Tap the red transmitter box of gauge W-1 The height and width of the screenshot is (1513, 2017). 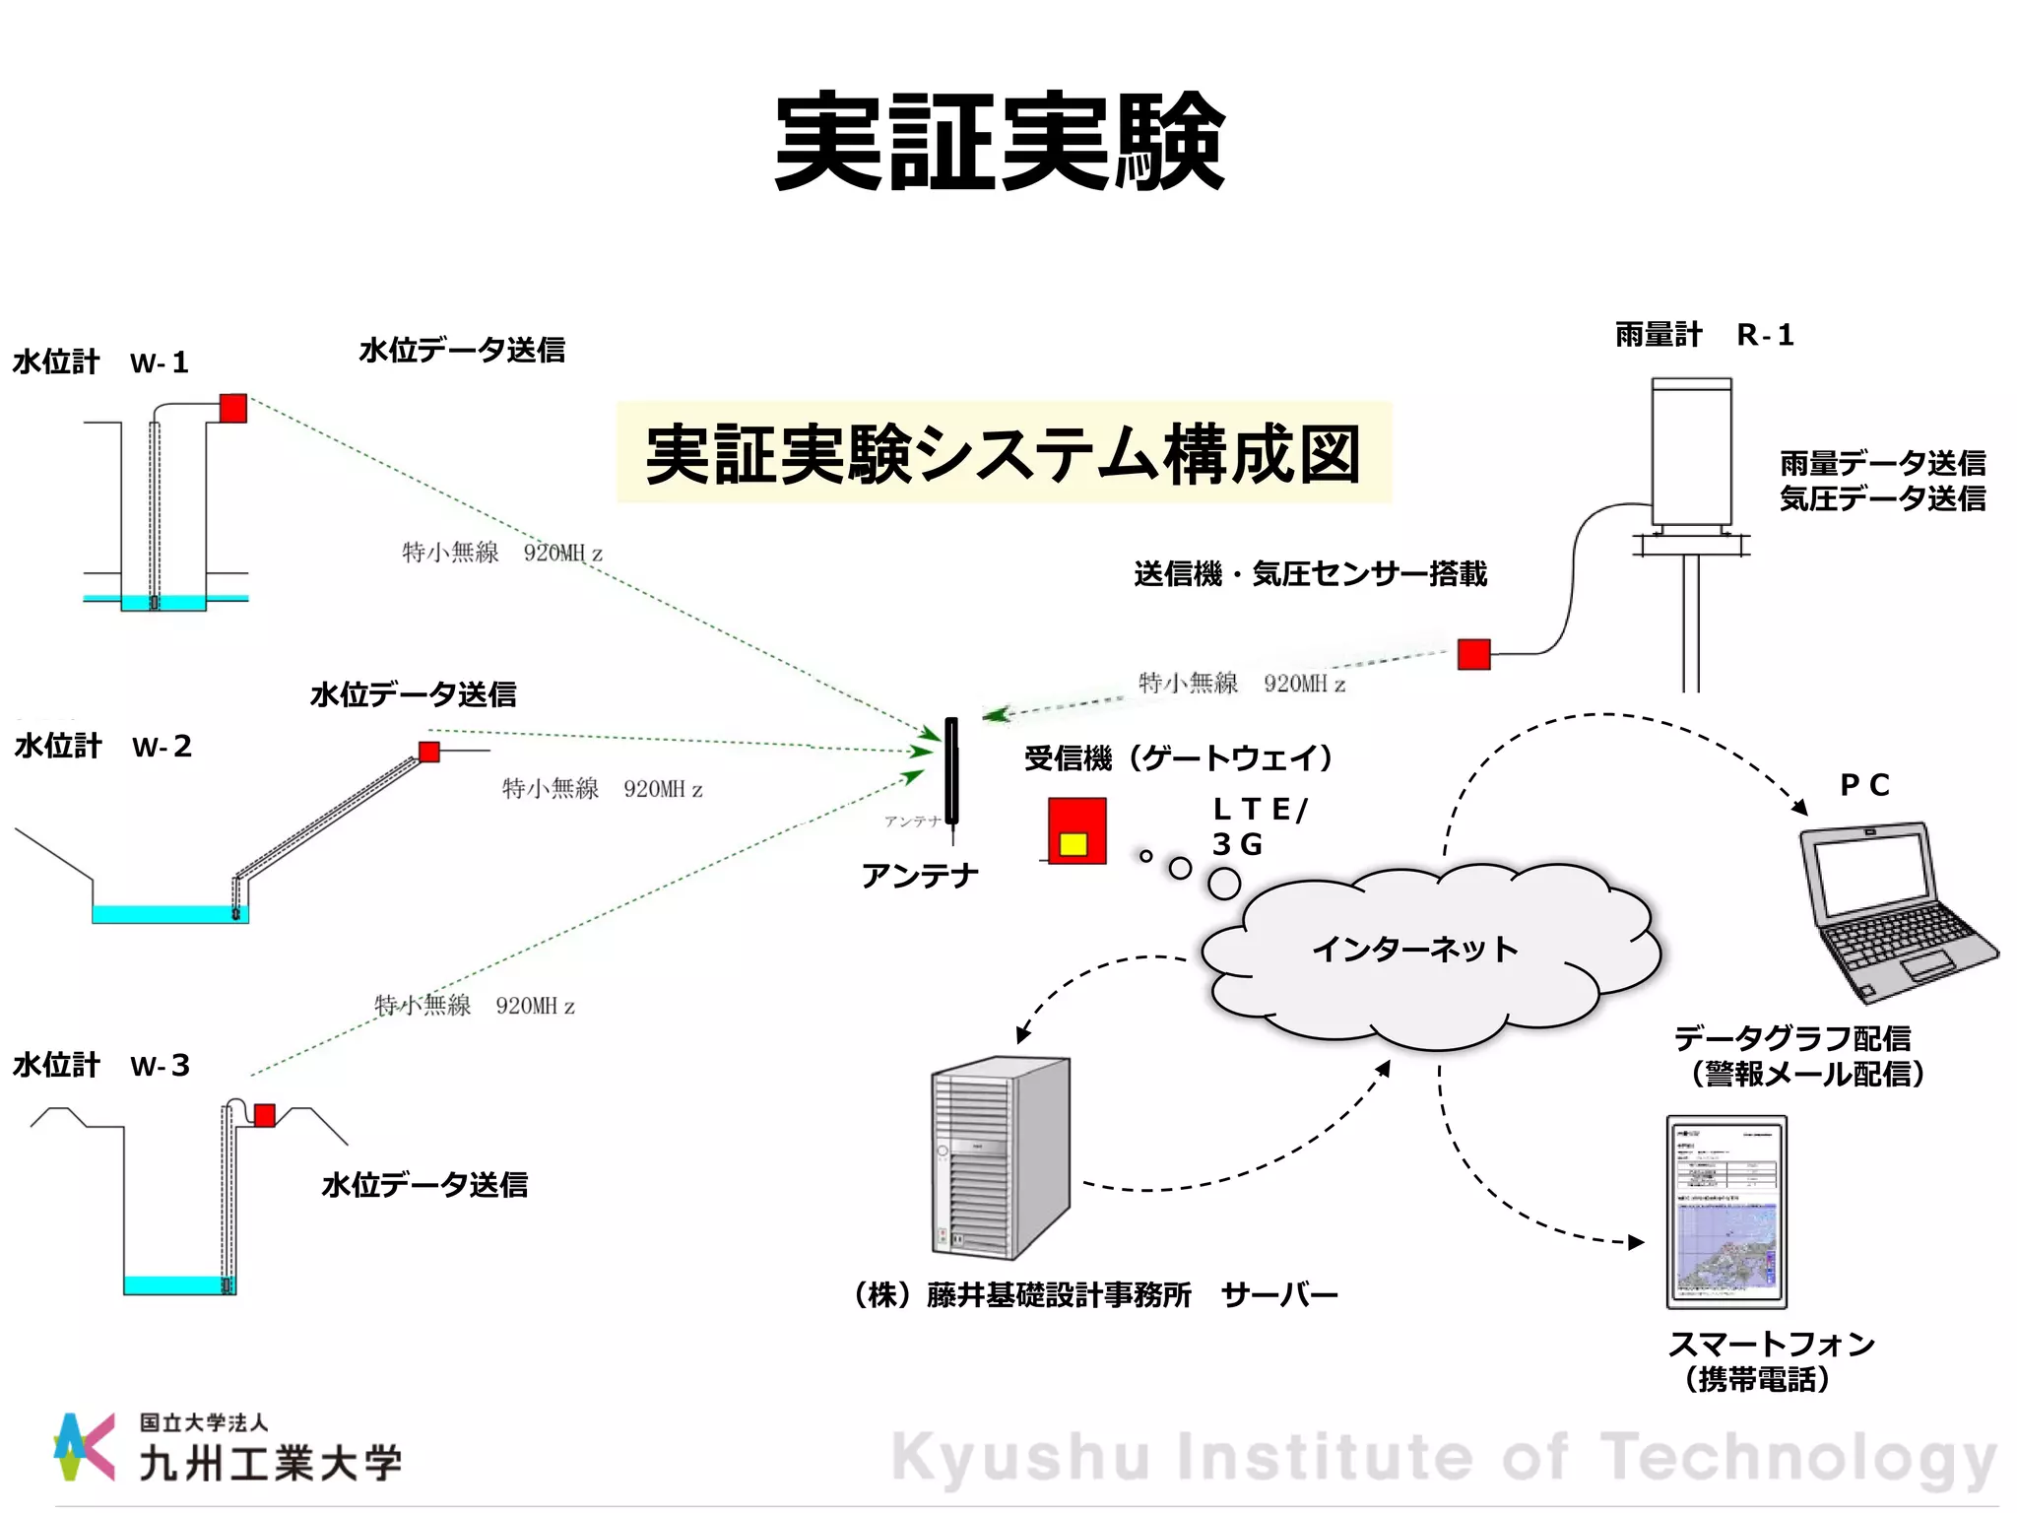[233, 408]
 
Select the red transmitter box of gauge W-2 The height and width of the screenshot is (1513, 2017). [429, 753]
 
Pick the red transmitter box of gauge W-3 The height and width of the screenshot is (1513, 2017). [265, 1115]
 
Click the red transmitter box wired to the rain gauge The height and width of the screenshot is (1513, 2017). [1473, 654]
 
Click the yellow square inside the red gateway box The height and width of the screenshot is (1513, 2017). [1073, 844]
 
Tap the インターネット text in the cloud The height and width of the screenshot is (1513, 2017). [1414, 950]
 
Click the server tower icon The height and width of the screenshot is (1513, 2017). [1000, 1157]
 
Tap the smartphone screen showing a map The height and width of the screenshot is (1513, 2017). [1726, 1212]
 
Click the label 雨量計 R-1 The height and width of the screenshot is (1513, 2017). [1704, 335]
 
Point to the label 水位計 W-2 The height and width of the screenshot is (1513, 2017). [103, 747]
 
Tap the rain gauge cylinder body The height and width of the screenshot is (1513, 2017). [1691, 453]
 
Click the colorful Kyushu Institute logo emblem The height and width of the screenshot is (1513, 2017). [84, 1446]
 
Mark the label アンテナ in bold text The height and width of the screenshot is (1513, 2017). [920, 876]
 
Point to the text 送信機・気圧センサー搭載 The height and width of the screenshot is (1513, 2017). [1310, 573]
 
